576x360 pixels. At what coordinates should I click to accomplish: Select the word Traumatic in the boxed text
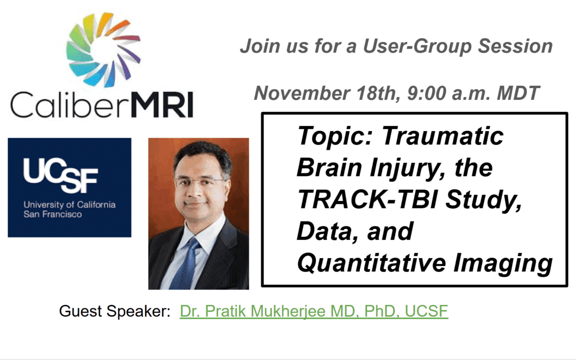tap(443, 137)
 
